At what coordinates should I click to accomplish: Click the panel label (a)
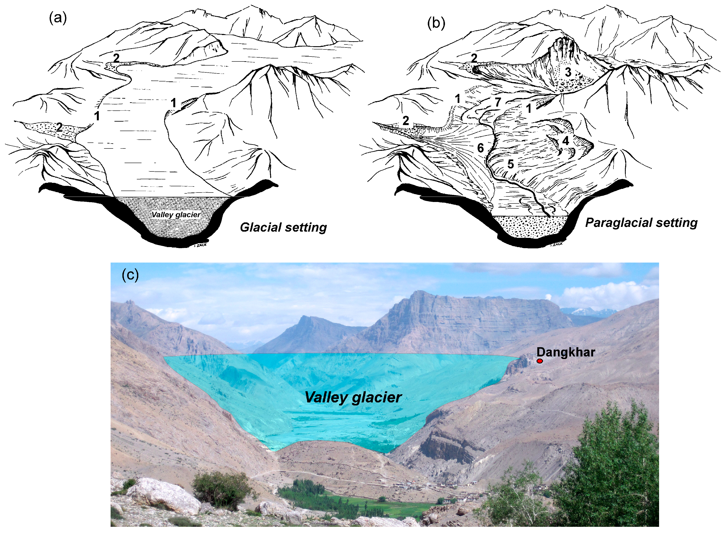58,18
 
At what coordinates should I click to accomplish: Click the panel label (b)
436,23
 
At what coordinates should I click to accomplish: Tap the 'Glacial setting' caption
283,227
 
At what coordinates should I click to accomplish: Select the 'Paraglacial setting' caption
641,223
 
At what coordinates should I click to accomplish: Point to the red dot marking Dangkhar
539,361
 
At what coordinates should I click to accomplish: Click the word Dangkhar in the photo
565,352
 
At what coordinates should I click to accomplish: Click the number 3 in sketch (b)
568,72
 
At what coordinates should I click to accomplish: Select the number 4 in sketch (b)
565,141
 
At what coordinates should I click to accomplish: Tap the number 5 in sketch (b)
510,164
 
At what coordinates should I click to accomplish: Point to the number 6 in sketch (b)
480,148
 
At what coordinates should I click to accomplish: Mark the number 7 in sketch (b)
498,102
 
